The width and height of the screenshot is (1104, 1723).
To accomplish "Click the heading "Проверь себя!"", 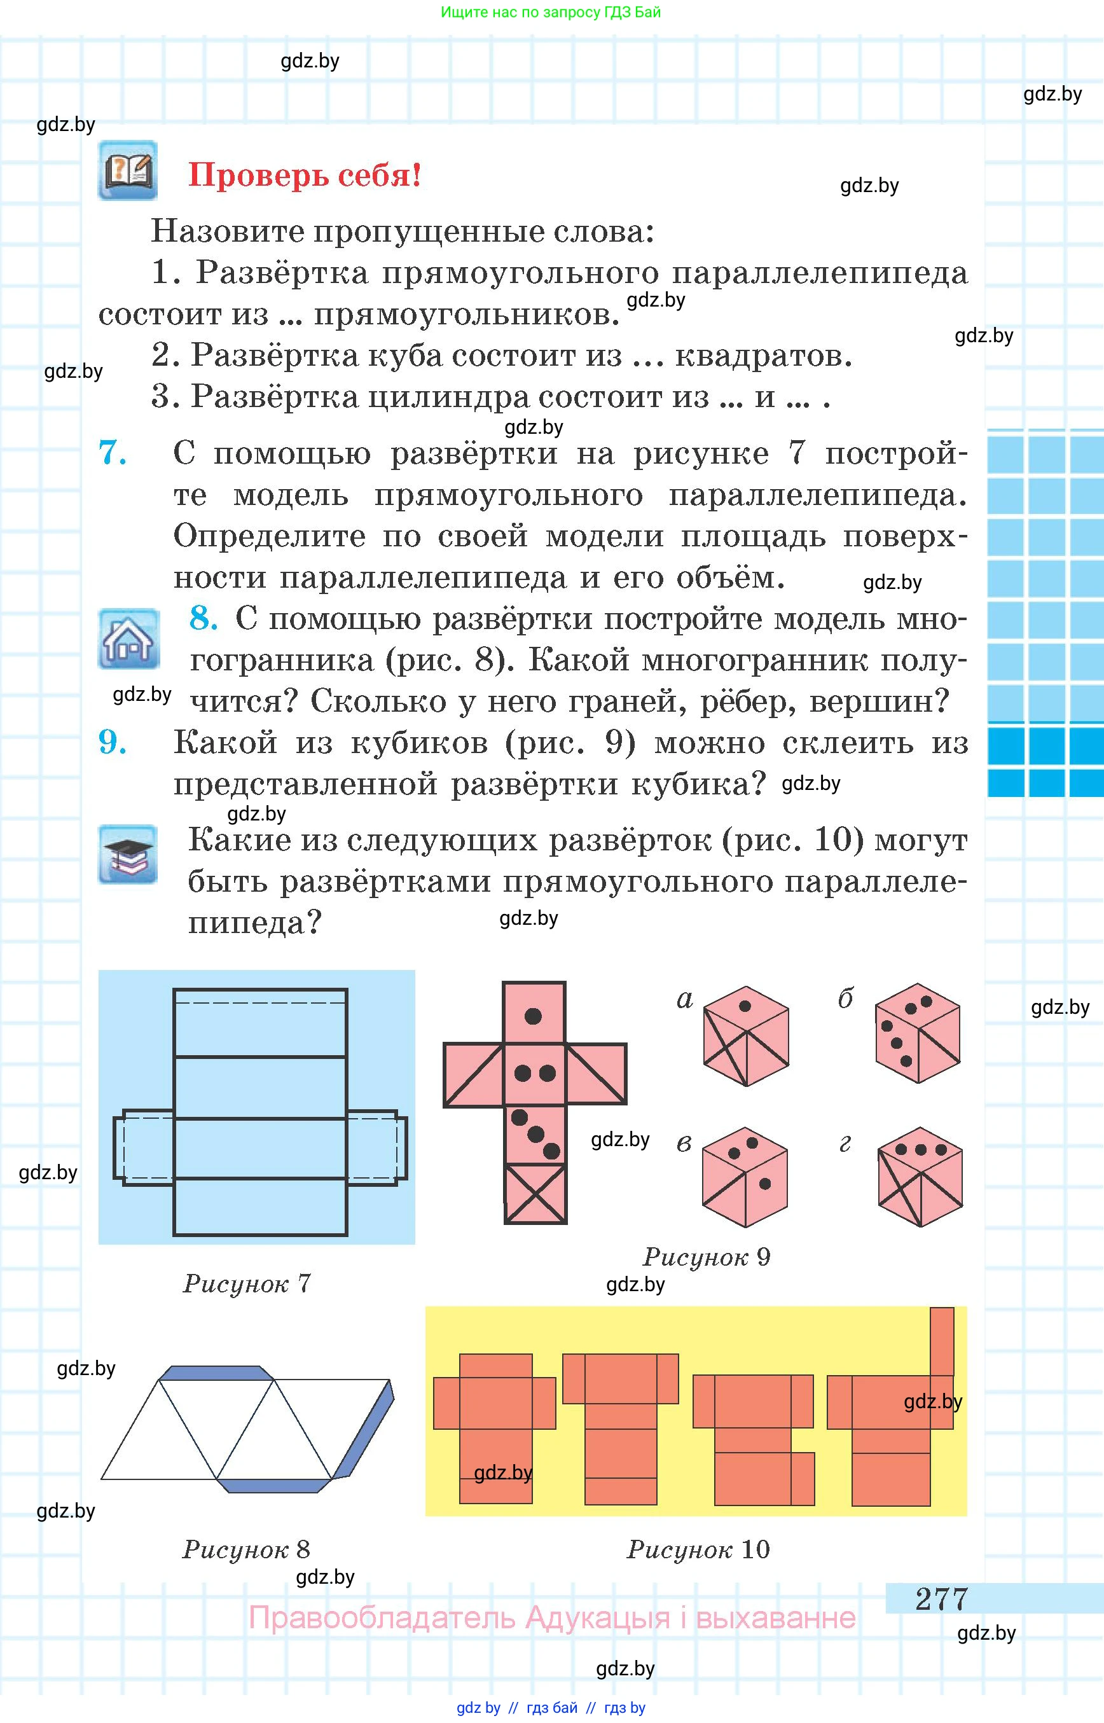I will [304, 175].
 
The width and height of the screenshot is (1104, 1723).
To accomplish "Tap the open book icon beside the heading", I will [128, 170].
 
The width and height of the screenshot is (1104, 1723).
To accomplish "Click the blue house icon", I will [128, 639].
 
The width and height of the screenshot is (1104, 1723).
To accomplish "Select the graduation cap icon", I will [128, 854].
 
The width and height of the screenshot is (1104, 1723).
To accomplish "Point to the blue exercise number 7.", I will [113, 453].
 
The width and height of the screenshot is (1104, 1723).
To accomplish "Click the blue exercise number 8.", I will [204, 618].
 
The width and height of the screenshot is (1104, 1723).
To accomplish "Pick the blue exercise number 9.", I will [113, 742].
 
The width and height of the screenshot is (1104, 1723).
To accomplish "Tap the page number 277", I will [941, 1598].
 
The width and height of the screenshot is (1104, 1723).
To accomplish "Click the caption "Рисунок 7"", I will [247, 1284].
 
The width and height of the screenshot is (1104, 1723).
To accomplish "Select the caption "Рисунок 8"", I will [247, 1550].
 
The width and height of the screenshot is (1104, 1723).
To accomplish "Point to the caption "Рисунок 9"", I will [706, 1257].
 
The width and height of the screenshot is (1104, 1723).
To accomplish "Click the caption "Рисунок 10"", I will [698, 1550].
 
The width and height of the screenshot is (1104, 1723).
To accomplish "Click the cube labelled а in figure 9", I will [746, 1035].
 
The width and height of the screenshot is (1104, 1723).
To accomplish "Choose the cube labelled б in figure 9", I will [918, 1032].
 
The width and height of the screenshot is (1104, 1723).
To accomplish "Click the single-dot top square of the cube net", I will [534, 1013].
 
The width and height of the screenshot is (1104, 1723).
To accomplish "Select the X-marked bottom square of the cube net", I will [535, 1194].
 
